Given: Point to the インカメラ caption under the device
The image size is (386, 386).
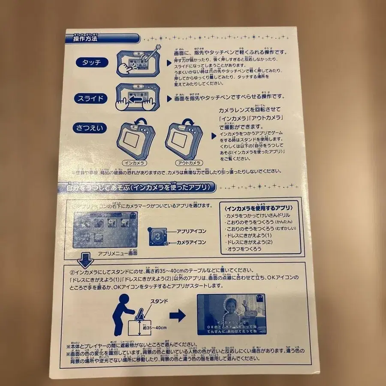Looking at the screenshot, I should point(134,163).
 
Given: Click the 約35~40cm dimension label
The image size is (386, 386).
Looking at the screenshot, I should point(155,328).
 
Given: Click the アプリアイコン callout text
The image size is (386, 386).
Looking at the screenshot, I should point(191,231).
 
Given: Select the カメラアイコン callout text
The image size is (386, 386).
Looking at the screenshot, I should point(191,242).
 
